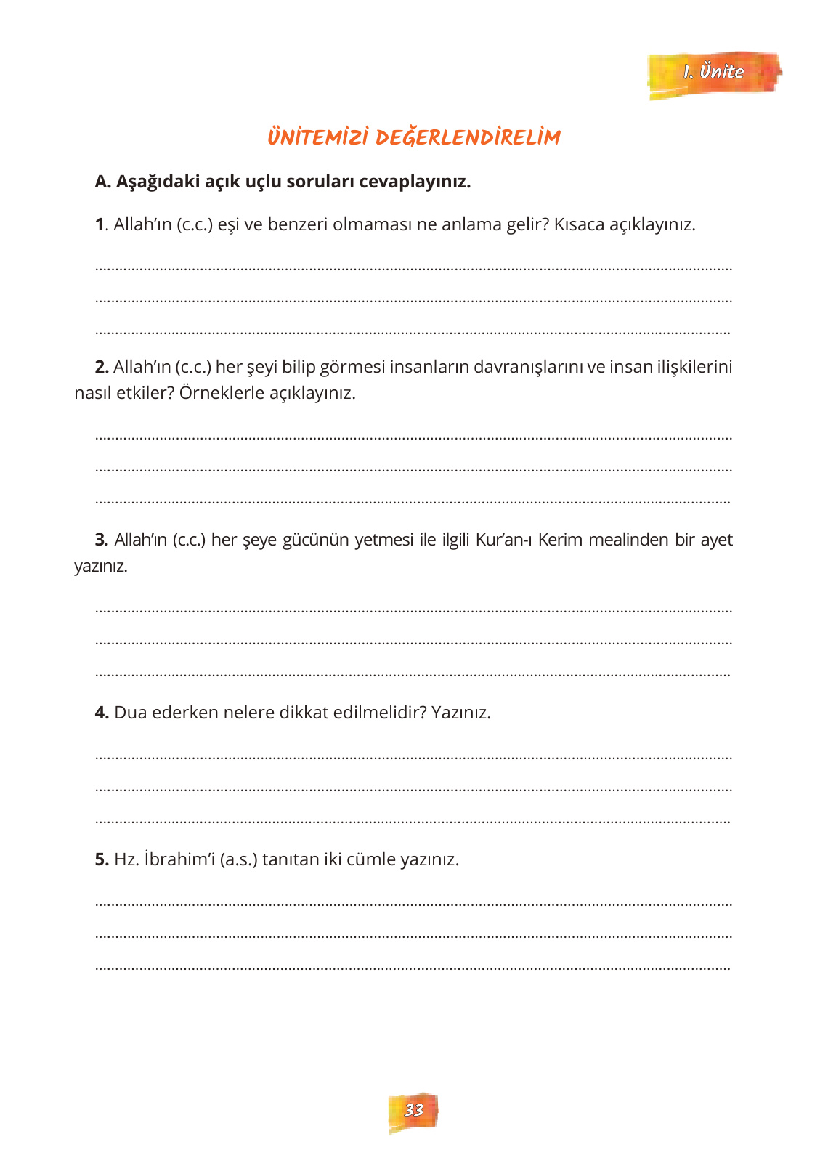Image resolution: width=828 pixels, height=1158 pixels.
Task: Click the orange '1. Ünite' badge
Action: tap(713, 73)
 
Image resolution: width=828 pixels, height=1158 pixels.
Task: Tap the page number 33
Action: tap(413, 1110)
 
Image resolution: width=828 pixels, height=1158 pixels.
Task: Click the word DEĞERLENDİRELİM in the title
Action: tap(468, 137)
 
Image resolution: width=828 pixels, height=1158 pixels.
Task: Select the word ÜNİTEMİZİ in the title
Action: tap(317, 137)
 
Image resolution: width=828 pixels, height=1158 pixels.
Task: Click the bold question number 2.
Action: tap(102, 367)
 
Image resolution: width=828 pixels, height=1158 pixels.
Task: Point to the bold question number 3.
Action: tap(102, 540)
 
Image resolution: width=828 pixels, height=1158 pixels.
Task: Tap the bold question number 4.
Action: tap(102, 713)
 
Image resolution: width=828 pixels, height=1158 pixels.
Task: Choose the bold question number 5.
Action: tap(102, 859)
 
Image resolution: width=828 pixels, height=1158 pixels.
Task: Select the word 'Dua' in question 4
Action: tap(131, 713)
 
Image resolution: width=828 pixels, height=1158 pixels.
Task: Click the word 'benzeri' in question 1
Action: tap(298, 224)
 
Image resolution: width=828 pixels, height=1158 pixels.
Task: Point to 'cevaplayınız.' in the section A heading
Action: tap(415, 182)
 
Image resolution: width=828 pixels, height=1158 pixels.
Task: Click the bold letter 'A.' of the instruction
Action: tap(103, 182)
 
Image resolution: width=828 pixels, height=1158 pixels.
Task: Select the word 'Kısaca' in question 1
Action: tap(579, 224)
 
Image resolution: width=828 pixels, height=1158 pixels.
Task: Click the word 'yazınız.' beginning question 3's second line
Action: tap(101, 566)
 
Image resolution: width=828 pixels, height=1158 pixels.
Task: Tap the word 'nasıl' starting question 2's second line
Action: tap(92, 393)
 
